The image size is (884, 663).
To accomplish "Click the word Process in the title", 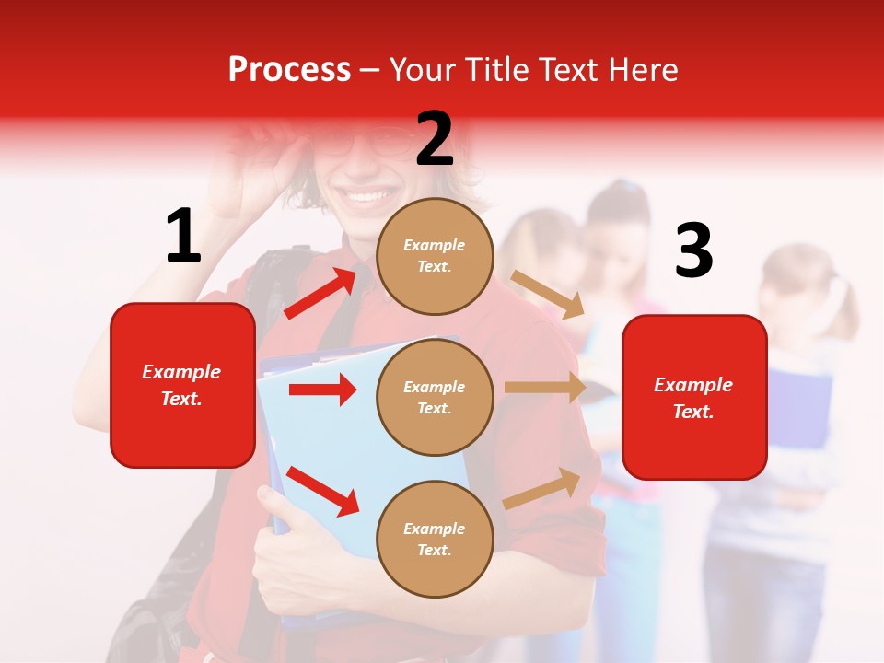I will click(x=289, y=69).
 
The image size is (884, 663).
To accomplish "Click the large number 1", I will click(x=183, y=237).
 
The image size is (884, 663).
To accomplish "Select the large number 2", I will click(x=435, y=140).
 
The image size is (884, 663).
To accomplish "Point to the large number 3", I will click(x=693, y=251).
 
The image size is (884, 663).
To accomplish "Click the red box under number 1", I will click(x=182, y=385).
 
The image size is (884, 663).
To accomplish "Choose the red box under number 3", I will click(x=694, y=397).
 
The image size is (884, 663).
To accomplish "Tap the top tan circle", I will click(x=435, y=256).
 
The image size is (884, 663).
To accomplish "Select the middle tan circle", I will click(x=435, y=397).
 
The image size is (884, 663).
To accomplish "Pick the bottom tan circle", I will click(x=435, y=539).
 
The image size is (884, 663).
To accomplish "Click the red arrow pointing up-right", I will click(x=321, y=293).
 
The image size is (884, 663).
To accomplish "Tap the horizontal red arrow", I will click(x=322, y=390).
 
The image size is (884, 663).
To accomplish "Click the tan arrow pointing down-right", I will click(x=548, y=295).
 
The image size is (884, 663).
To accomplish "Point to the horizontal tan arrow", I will click(x=545, y=388).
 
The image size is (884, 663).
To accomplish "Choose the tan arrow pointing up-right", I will click(x=542, y=488).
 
